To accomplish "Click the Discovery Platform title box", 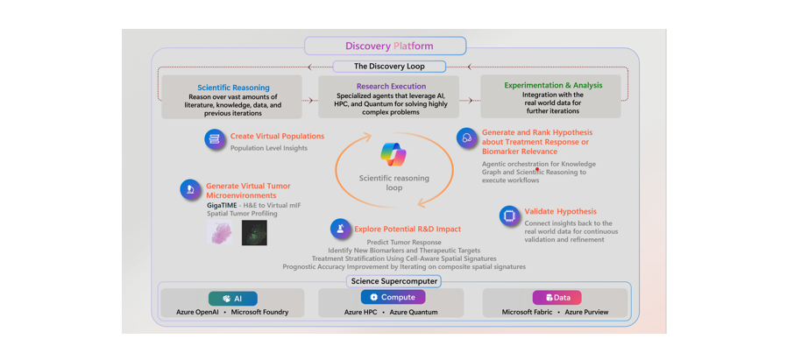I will point(386,46).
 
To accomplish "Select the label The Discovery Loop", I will point(389,67).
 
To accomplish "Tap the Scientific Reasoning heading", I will point(233,88).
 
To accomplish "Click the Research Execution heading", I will point(391,86).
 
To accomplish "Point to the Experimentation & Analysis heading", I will point(553,85).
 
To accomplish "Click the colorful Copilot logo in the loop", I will point(393,154).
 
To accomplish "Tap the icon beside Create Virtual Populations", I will point(215,139).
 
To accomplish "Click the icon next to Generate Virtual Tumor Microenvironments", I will point(190,189).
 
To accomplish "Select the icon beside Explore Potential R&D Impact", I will point(340,229).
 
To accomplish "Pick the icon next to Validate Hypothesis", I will point(509,215).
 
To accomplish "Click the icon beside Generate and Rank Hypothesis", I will point(466,138).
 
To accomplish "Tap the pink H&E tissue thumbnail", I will point(219,232).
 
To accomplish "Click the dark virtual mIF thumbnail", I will point(254,233).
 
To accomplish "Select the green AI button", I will point(233,299).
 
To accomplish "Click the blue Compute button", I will point(392,298).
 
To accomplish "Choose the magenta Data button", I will point(557,298).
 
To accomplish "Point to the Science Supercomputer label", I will point(394,281).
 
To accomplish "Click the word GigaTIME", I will point(222,205).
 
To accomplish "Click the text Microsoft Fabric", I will point(527,312).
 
